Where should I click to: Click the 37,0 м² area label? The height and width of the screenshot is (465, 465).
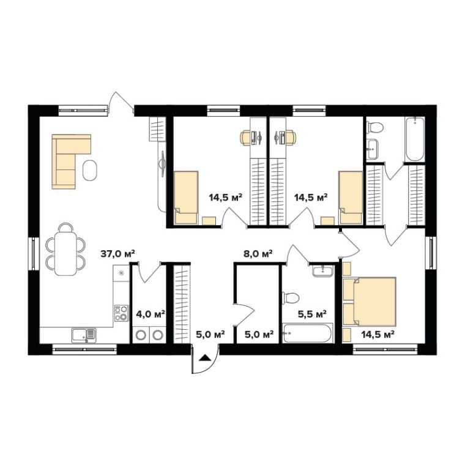(x=117, y=254)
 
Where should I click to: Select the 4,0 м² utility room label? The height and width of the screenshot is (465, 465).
(x=151, y=314)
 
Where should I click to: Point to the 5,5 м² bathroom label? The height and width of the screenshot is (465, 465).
(x=312, y=314)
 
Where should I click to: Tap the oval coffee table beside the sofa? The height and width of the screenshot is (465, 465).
(x=90, y=170)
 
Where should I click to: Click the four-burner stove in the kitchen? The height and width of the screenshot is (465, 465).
(x=121, y=313)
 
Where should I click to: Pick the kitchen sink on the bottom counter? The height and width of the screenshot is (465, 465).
(x=84, y=335)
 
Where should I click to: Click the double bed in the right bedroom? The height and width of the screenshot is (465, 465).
(x=369, y=302)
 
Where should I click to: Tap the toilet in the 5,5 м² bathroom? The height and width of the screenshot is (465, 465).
(x=291, y=298)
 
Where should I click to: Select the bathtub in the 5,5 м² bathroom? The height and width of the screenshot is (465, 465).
(x=308, y=333)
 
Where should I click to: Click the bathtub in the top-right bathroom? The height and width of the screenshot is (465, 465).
(x=415, y=139)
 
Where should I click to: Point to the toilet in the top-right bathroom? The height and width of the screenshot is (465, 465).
(x=375, y=128)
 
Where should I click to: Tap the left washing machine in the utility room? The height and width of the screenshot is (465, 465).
(x=141, y=335)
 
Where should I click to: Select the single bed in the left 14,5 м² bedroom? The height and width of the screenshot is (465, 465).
(x=186, y=197)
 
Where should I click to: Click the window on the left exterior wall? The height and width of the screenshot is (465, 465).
(x=34, y=253)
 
